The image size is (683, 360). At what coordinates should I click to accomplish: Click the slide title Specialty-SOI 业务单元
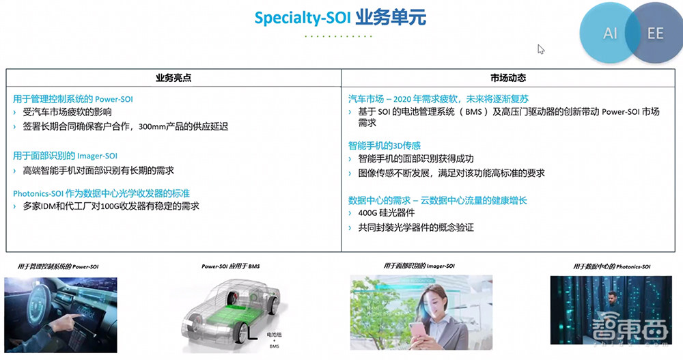coord(340,17)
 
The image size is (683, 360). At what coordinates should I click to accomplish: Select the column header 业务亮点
coord(173,78)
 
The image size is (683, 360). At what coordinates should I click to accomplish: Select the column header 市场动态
coord(508,78)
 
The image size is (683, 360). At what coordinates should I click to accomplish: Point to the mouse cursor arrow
coord(541,49)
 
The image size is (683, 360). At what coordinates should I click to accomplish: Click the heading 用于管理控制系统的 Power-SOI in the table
coord(72,99)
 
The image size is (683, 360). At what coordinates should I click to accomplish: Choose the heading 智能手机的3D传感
coord(384,146)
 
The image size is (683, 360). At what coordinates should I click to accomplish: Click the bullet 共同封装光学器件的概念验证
coord(415,227)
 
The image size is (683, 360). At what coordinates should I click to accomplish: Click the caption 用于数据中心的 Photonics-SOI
coord(611,266)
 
